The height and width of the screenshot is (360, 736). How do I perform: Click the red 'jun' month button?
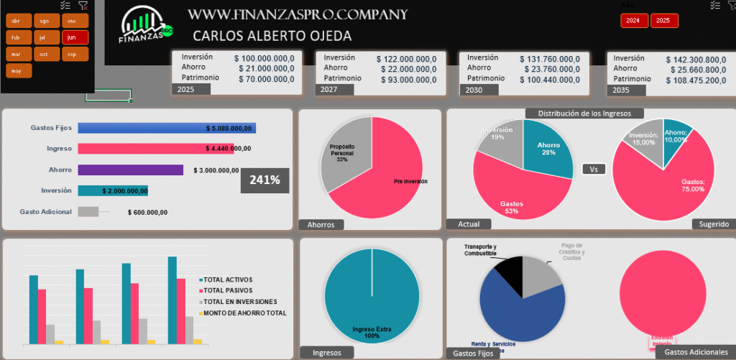click(75, 37)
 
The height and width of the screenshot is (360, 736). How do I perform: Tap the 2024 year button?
click(633, 21)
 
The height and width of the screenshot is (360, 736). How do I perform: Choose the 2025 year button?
click(663, 21)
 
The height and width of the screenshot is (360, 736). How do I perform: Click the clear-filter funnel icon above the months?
click(83, 5)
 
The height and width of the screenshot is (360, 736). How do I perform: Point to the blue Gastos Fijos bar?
click(166, 128)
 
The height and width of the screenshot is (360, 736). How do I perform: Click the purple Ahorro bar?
click(130, 170)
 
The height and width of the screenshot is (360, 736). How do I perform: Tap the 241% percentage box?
click(264, 180)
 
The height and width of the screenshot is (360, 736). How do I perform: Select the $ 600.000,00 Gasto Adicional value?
click(147, 212)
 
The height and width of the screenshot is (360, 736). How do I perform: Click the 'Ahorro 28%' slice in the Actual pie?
click(548, 148)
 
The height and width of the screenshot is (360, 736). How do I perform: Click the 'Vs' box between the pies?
click(593, 170)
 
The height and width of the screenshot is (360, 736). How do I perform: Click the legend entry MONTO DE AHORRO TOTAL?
click(244, 313)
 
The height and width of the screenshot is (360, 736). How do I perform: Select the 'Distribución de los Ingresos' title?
click(584, 113)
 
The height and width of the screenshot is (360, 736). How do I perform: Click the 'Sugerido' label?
click(714, 224)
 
